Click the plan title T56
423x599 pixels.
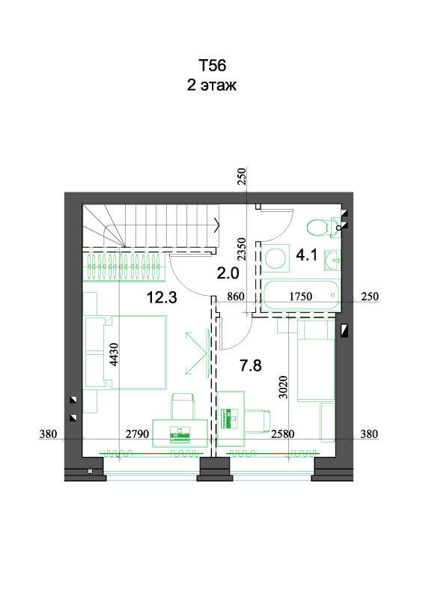(x=212, y=66)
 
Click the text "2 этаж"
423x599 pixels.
(x=212, y=85)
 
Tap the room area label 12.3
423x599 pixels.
(x=162, y=297)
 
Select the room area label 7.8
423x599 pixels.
(x=251, y=365)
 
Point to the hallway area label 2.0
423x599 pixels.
(x=228, y=273)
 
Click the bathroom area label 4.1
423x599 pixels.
(x=306, y=255)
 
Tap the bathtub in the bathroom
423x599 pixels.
(x=300, y=295)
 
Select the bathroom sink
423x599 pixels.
(x=332, y=260)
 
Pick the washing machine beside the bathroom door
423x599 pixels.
(x=275, y=258)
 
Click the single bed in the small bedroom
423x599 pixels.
(x=316, y=360)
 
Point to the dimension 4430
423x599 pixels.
(x=114, y=354)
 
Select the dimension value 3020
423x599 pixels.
(x=283, y=387)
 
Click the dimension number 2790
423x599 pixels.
(x=137, y=434)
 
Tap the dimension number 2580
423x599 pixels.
(x=283, y=434)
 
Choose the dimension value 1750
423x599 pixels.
(x=301, y=296)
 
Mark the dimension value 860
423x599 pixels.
(x=235, y=296)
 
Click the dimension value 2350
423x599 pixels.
(x=242, y=249)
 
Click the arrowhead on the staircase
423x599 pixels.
(x=217, y=225)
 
